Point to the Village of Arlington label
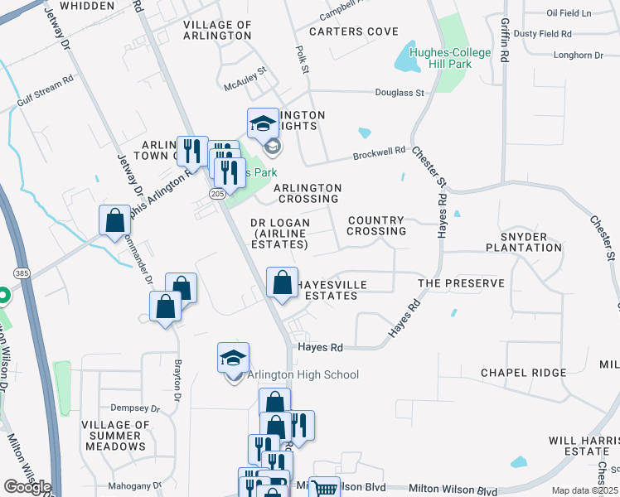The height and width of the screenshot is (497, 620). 217,31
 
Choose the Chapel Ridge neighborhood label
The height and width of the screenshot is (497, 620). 523,373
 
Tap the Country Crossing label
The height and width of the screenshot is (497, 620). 377,225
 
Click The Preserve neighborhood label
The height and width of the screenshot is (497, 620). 461,283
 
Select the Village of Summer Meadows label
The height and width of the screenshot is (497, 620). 114,436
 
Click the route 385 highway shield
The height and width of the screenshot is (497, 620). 22,273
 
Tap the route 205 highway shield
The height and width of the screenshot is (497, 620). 217,193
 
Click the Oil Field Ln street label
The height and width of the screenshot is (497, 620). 569,13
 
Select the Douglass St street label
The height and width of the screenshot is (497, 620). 400,93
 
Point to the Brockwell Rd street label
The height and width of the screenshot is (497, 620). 379,153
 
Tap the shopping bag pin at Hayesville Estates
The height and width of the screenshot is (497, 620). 282,282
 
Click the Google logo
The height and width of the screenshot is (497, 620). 27,487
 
